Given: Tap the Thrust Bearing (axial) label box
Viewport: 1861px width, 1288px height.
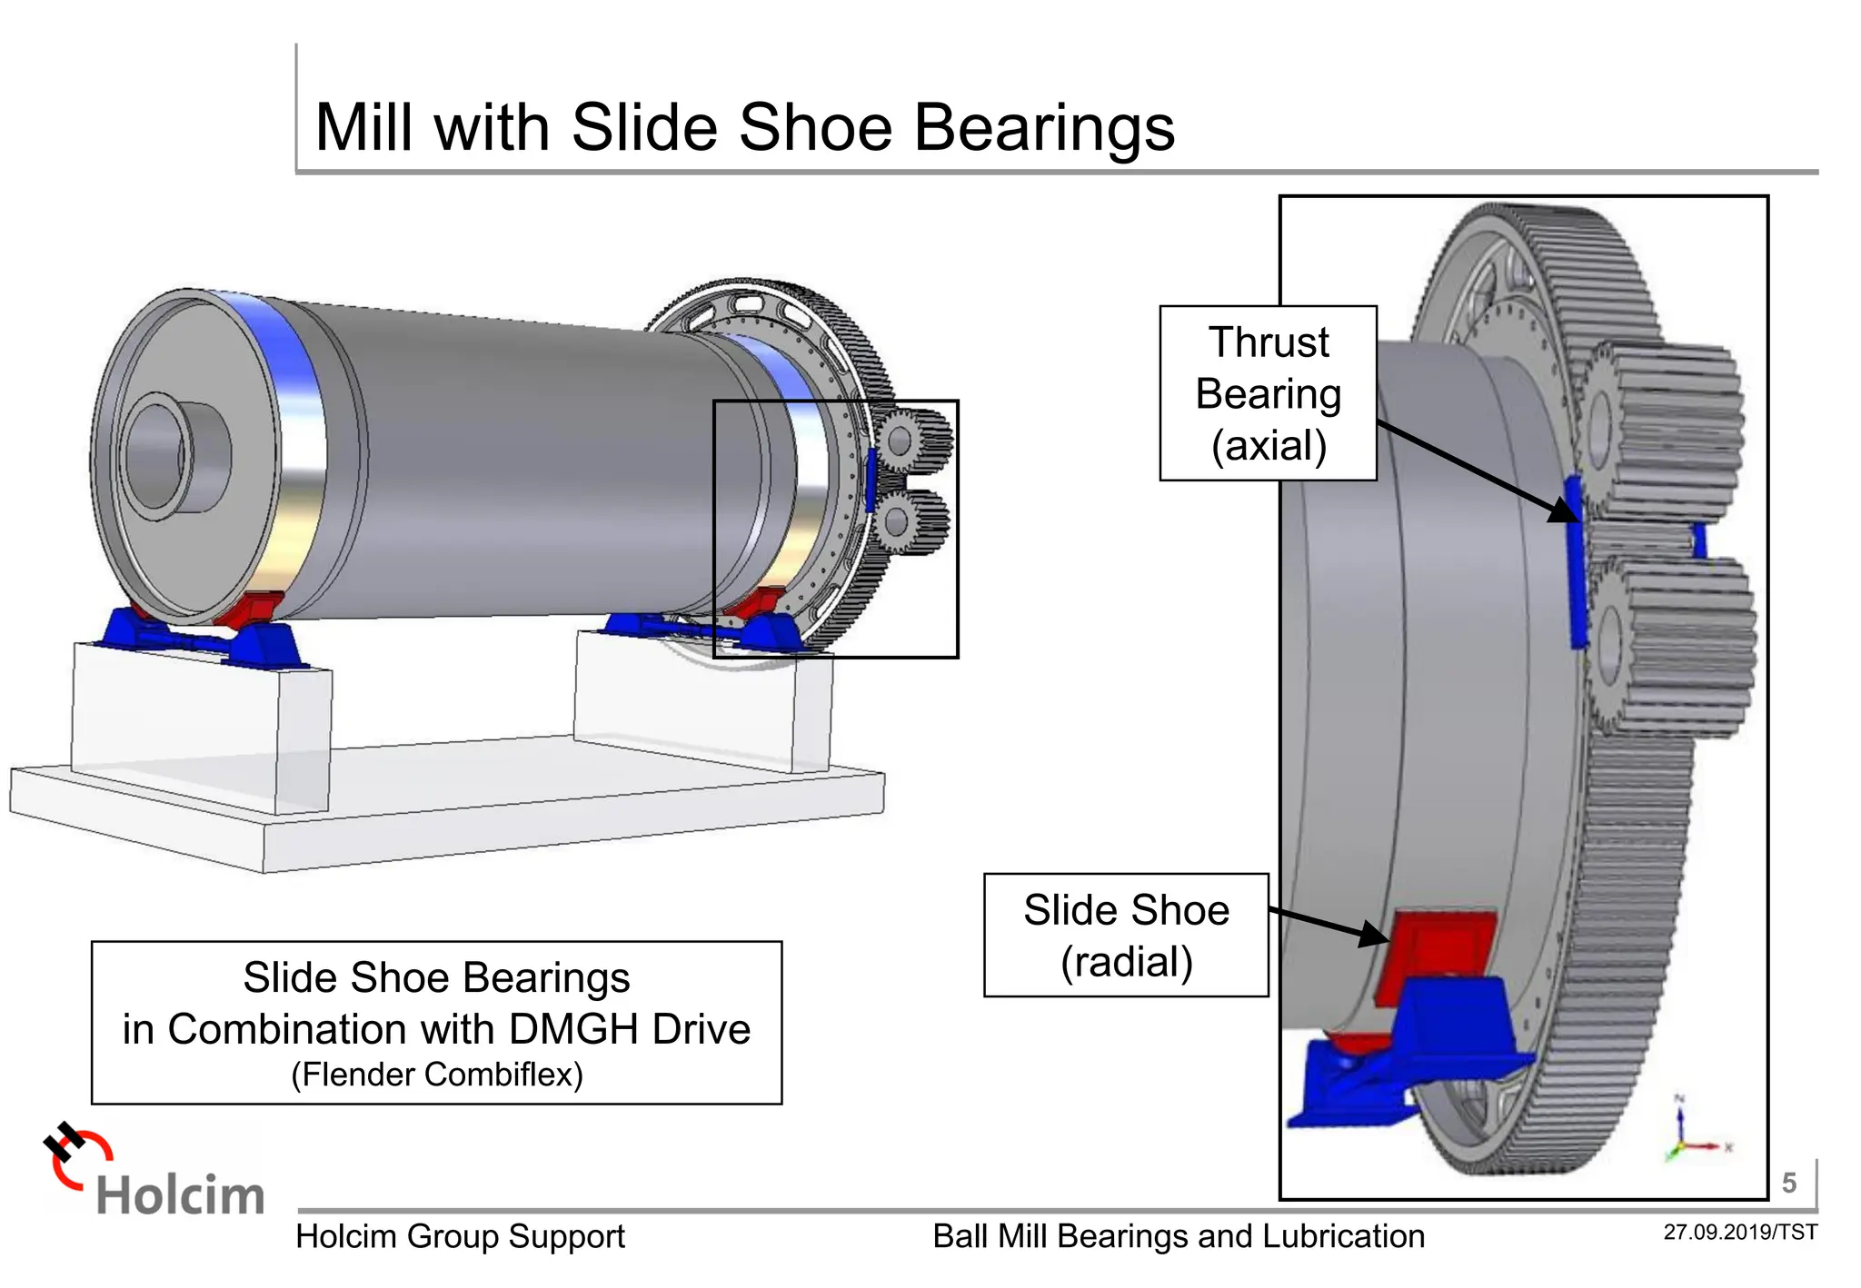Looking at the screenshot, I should tap(1268, 393).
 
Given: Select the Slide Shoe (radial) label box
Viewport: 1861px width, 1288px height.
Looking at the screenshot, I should tap(1126, 936).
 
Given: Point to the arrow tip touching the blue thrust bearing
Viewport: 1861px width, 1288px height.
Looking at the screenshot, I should tap(1570, 516).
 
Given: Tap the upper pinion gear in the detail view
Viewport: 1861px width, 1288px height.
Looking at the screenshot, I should tap(1663, 427).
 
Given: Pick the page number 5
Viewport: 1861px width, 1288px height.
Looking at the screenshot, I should tap(1788, 1183).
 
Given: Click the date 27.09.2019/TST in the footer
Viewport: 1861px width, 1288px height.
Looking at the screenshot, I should tap(1739, 1233).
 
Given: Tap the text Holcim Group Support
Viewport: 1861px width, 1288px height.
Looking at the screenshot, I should tap(460, 1237).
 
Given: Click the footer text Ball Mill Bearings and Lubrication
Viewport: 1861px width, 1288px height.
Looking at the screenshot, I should tap(1179, 1237).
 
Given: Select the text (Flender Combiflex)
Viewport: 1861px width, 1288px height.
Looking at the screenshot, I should tap(437, 1075).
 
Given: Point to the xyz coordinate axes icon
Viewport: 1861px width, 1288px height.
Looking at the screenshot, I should tap(1690, 1131).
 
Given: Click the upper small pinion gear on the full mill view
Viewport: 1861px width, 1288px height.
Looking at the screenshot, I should tap(913, 441).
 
